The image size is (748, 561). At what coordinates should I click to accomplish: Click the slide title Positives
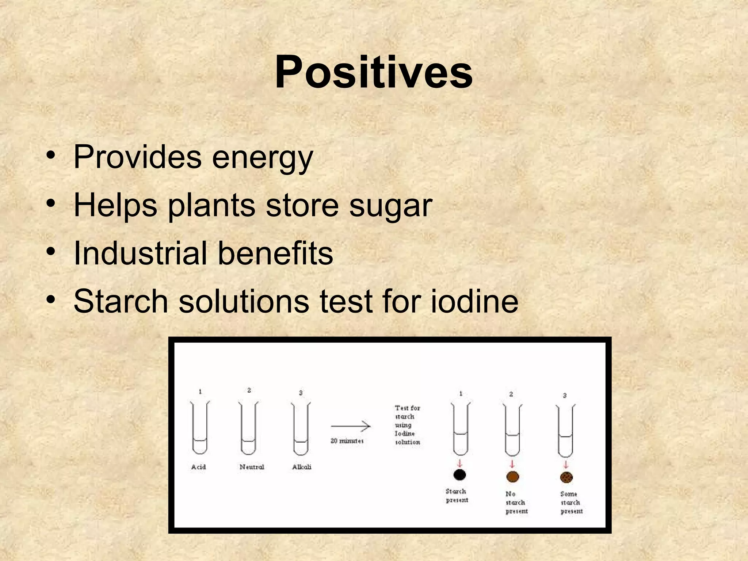pyautogui.click(x=373, y=72)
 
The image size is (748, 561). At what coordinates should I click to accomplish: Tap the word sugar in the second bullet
pyautogui.click(x=390, y=206)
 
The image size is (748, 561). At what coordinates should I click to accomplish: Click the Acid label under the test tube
pyautogui.click(x=198, y=467)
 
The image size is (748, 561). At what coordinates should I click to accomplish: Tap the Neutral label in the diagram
pyautogui.click(x=252, y=467)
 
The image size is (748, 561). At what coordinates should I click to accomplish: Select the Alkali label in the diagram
pyautogui.click(x=302, y=467)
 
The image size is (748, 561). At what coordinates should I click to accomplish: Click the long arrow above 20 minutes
pyautogui.click(x=351, y=426)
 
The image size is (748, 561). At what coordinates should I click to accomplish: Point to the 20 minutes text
pyautogui.click(x=347, y=441)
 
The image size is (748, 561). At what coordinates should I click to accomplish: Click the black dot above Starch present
pyautogui.click(x=459, y=475)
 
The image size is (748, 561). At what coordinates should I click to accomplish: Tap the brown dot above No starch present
pyautogui.click(x=512, y=476)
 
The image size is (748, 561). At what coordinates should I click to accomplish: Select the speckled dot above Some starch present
pyautogui.click(x=566, y=477)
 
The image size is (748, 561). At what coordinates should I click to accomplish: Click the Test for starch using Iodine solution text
pyautogui.click(x=407, y=425)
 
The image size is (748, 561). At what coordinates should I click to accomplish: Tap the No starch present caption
pyautogui.click(x=516, y=503)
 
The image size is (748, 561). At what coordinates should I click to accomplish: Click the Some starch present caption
pyautogui.click(x=571, y=503)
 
